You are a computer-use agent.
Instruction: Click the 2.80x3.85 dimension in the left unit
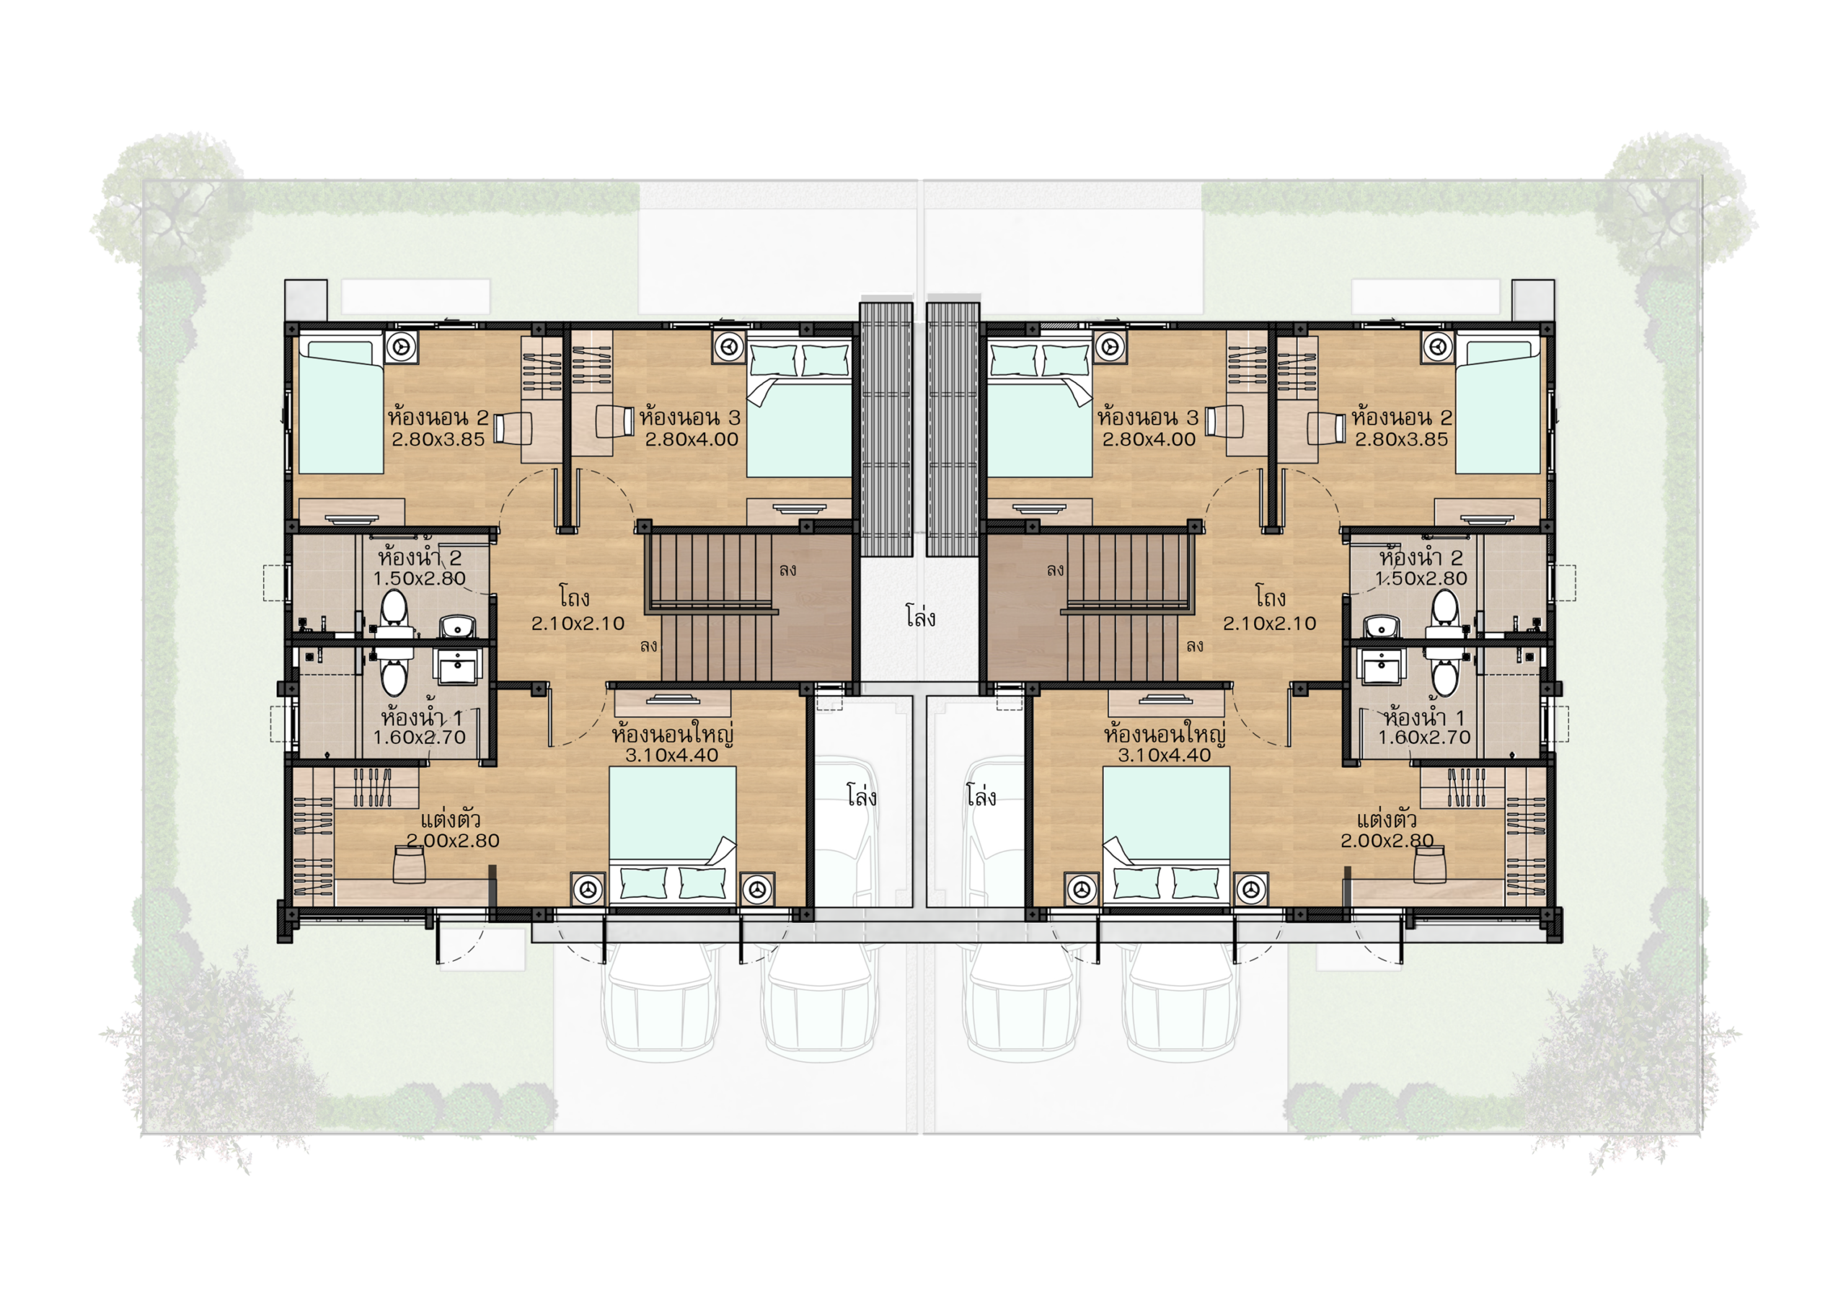click(438, 439)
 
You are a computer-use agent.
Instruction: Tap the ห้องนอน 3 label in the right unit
click(1147, 417)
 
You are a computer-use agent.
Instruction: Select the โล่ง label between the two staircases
click(920, 616)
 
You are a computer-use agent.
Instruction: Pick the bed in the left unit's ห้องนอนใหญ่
click(672, 836)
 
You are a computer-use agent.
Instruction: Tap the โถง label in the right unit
click(1270, 598)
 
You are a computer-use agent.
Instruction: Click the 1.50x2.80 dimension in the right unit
click(1421, 578)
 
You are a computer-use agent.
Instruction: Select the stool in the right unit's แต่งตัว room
click(1429, 864)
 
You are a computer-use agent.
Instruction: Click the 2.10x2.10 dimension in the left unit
click(578, 623)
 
